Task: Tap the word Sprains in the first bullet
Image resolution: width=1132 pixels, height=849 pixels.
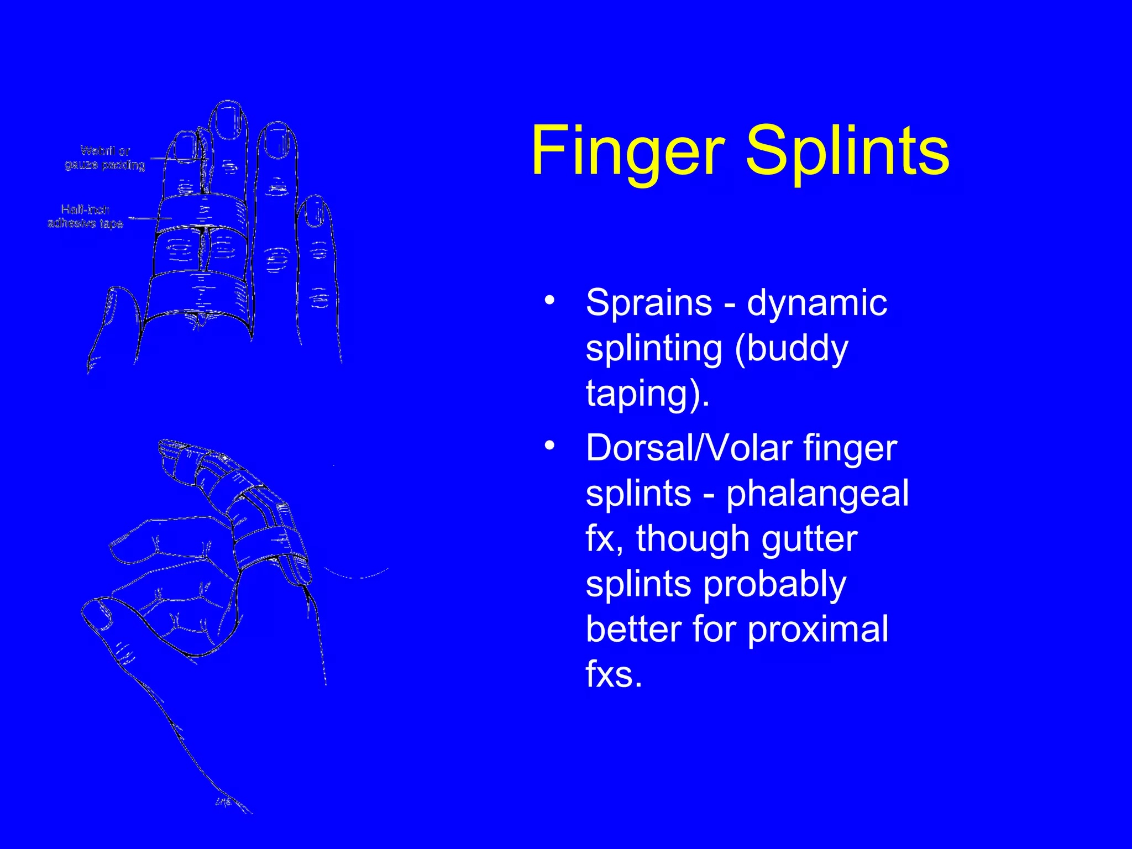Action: [649, 303]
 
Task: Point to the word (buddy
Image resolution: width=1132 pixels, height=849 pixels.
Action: [791, 349]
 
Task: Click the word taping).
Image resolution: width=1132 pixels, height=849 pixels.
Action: [647, 394]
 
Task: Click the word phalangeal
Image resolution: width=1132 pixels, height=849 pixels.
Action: [817, 494]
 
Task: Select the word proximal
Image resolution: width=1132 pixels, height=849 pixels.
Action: [817, 629]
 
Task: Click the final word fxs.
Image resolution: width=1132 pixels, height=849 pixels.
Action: [614, 674]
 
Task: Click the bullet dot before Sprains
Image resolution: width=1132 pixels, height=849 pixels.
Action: [549, 300]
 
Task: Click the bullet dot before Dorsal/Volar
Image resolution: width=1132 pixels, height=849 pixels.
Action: [549, 446]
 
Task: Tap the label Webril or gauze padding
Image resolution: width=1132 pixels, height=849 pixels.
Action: [104, 158]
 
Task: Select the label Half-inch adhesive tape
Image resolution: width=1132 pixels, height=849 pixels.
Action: [85, 216]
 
